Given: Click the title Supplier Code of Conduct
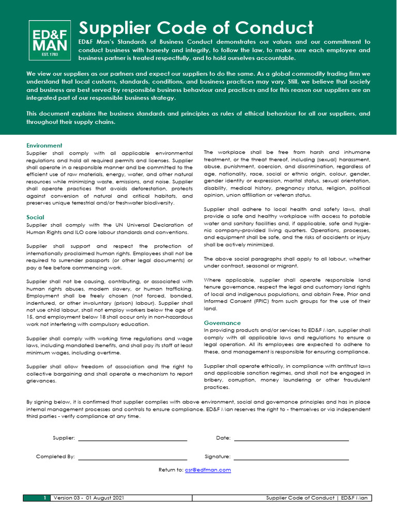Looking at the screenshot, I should [x=196, y=28].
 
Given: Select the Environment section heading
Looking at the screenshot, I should [x=44, y=146].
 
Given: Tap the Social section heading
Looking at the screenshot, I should [x=35, y=217].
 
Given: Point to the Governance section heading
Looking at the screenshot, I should [x=222, y=323].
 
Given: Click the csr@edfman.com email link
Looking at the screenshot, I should [x=208, y=470].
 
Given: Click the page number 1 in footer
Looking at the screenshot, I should [x=45, y=498].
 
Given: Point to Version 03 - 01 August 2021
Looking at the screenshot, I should [x=88, y=498].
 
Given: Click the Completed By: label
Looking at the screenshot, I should [x=55, y=457].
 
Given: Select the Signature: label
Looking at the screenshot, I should [x=218, y=457].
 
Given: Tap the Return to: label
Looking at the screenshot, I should [x=171, y=470].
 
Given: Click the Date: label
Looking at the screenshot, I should [x=223, y=438].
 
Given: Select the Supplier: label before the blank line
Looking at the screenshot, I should [x=64, y=438].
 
